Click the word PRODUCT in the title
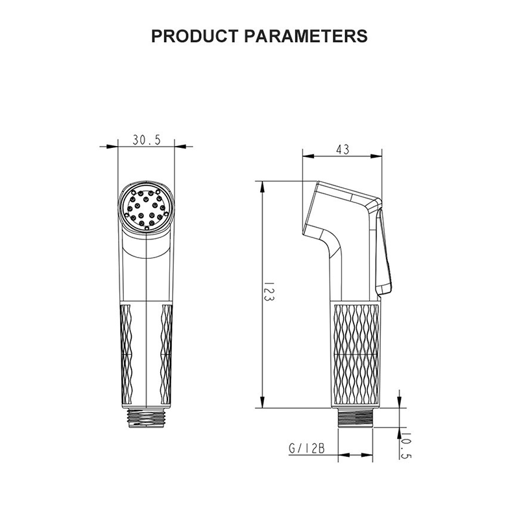195,36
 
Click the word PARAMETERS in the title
306,36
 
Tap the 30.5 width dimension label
147,140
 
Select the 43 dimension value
343,150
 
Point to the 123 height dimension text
269,291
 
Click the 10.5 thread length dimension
406,446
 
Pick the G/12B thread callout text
306,448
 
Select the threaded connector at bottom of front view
147,418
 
